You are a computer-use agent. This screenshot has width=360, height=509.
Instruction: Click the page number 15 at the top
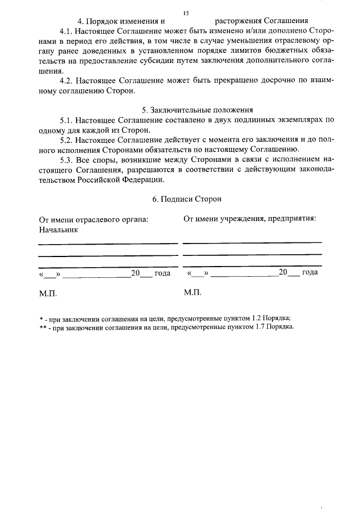186,12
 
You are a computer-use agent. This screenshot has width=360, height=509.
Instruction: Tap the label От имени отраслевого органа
93,219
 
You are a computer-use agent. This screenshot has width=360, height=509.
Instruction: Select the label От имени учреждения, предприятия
249,219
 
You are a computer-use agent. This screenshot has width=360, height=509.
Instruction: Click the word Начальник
58,229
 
